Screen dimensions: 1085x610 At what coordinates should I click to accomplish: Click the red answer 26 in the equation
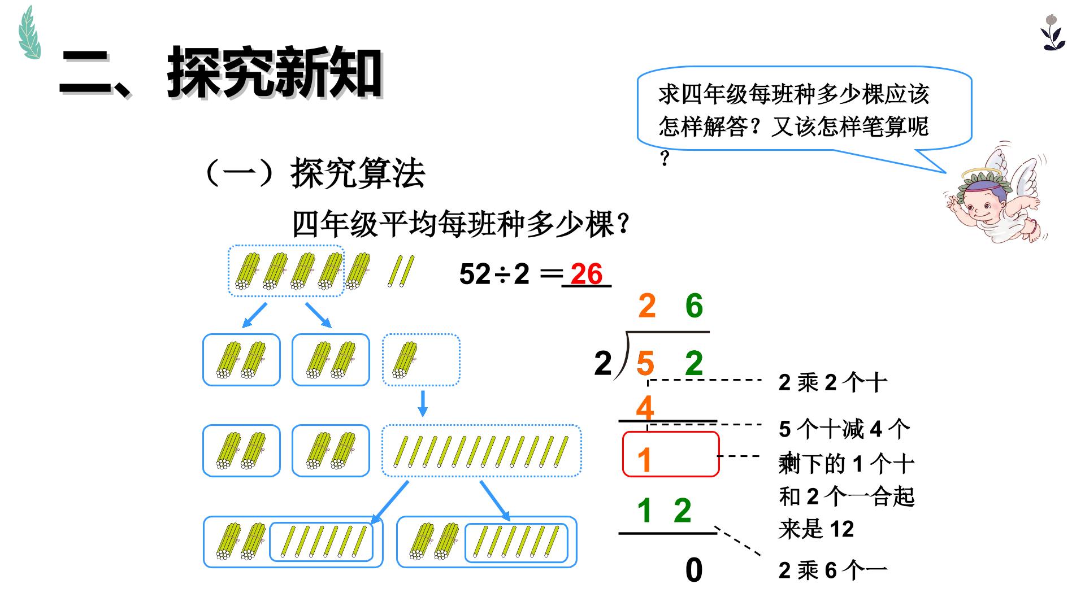point(587,274)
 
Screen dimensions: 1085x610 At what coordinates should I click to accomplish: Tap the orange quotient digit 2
point(647,306)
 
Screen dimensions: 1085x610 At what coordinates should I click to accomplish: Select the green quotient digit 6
point(694,306)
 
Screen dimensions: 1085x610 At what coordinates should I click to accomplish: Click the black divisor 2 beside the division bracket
point(603,363)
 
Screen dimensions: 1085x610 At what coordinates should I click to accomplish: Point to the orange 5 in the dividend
point(645,363)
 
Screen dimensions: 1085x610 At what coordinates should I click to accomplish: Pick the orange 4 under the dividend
point(645,408)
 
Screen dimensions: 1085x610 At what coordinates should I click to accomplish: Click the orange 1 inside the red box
point(644,460)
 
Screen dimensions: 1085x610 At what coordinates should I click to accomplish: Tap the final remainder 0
point(694,570)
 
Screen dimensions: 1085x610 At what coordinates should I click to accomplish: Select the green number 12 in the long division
point(664,511)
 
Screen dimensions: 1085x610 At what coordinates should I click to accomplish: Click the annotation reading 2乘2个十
point(832,383)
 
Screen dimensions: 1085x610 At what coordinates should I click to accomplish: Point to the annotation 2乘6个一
point(832,570)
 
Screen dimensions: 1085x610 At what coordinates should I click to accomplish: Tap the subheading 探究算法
point(358,173)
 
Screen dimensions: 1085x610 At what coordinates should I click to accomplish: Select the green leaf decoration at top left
point(29,33)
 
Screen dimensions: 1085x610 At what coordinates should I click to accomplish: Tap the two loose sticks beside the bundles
point(401,271)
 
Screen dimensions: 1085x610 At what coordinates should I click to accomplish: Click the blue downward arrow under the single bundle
point(422,403)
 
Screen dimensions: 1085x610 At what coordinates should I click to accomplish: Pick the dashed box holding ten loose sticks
point(481,451)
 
